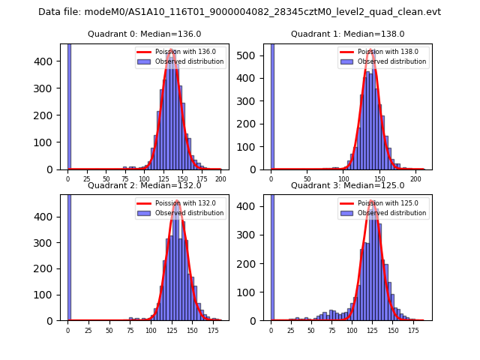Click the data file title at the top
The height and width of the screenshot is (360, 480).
pyautogui.click(x=239, y=12)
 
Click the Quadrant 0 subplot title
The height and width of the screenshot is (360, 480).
pyautogui.click(x=144, y=34)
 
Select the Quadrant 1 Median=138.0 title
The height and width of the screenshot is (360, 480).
pyautogui.click(x=347, y=34)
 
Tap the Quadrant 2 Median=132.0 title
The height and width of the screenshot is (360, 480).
pyautogui.click(x=144, y=185)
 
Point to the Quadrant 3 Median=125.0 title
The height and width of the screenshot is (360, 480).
pyautogui.click(x=347, y=185)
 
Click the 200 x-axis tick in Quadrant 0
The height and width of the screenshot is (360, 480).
pyautogui.click(x=220, y=179)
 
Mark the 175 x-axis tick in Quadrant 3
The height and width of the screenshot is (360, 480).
pyautogui.click(x=412, y=330)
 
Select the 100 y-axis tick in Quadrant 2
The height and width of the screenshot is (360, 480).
pyautogui.click(x=51, y=295)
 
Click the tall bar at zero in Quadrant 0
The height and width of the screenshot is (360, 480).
pyautogui.click(x=69, y=106)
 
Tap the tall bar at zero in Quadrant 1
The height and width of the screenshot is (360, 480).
pyautogui.click(x=272, y=106)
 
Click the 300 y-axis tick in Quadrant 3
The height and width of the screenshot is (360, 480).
pyautogui.click(x=254, y=235)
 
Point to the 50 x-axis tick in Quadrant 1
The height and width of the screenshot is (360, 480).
pyautogui.click(x=307, y=179)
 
